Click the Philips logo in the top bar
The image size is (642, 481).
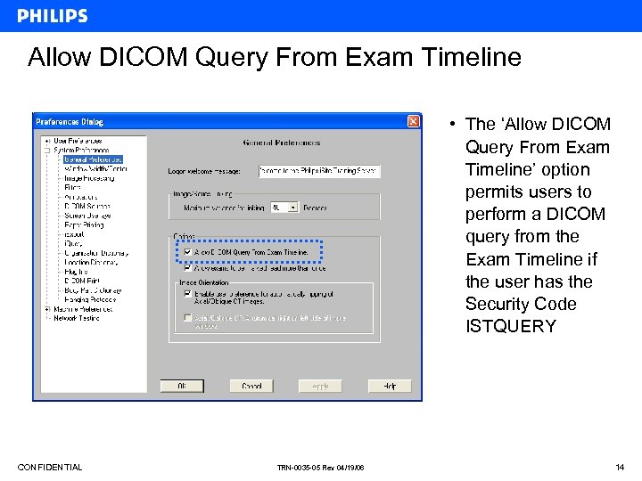coord(53,15)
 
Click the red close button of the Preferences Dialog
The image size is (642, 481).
coord(413,121)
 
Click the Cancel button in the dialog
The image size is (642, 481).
coord(251,386)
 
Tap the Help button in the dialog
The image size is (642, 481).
coord(390,386)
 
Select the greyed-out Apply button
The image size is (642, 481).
coord(320,386)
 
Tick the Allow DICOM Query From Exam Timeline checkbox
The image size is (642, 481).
coord(187,253)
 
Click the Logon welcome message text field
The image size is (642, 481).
coord(319,171)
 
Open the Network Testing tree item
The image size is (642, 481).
coord(77,318)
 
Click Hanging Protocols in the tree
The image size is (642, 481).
coord(90,299)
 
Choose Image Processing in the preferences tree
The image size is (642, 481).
coord(89,178)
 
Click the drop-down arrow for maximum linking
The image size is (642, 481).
coord(293,208)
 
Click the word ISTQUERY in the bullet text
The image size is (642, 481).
coord(510,326)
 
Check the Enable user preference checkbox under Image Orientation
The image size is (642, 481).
coord(187,293)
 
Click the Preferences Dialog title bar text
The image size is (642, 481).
coord(69,121)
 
